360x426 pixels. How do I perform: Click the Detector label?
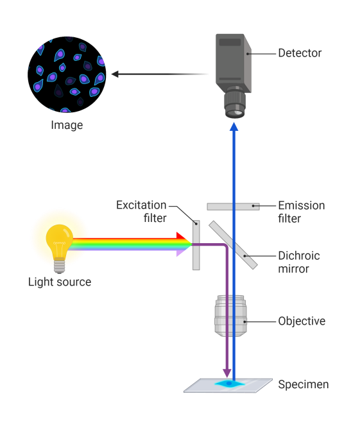[x=300, y=53]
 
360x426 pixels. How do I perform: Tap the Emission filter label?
[x=302, y=212]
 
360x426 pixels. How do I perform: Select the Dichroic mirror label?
[x=299, y=262]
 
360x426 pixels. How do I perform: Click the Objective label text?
[x=302, y=321]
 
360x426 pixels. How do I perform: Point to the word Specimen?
[x=304, y=385]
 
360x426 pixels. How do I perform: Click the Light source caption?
[x=60, y=282]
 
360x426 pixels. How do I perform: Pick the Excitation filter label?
[x=141, y=211]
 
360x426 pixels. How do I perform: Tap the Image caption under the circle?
[x=67, y=126]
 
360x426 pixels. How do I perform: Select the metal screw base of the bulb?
[x=59, y=266]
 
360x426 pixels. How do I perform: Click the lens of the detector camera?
[x=235, y=105]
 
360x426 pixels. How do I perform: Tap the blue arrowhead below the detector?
[x=234, y=126]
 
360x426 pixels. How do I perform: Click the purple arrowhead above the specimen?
[x=227, y=373]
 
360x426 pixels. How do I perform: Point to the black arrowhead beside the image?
[x=115, y=74]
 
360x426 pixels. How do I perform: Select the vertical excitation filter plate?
[x=196, y=245]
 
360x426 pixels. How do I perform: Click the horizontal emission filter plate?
[x=233, y=207]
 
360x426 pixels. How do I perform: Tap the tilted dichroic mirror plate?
[x=233, y=245]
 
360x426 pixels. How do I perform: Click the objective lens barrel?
[x=230, y=316]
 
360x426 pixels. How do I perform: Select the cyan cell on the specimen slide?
[x=230, y=384]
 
